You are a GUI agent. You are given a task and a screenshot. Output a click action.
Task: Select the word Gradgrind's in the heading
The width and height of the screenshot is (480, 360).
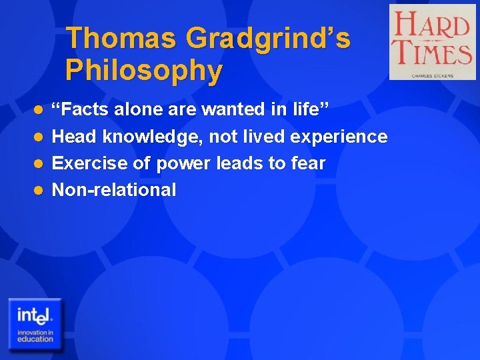click(x=268, y=38)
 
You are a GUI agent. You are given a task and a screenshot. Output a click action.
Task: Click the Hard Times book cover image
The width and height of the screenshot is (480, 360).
click(x=433, y=41)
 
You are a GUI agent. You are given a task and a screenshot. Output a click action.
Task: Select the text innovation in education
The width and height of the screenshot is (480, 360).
click(x=35, y=335)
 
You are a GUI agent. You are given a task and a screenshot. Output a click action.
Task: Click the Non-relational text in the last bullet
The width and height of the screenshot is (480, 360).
click(x=114, y=190)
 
